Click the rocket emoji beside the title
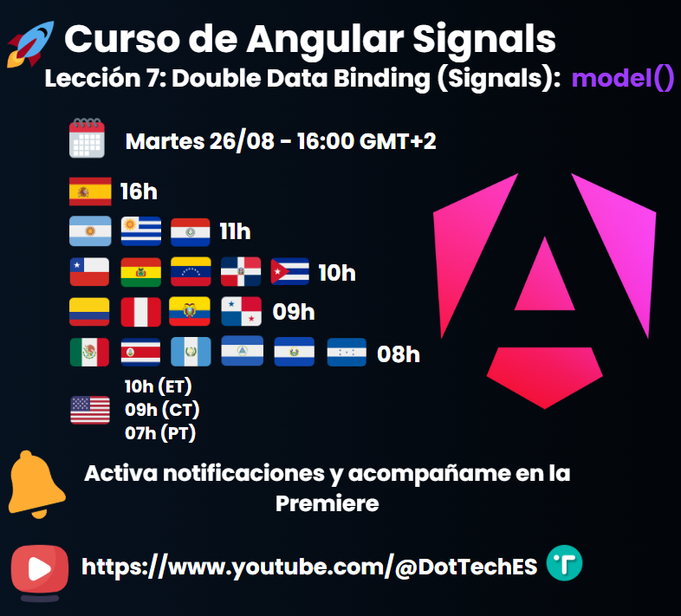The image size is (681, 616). [29, 44]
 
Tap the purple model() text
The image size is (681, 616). [622, 80]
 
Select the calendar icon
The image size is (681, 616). [87, 139]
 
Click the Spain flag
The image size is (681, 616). [90, 191]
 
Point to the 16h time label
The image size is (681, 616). [138, 191]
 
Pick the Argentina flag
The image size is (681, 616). [90, 231]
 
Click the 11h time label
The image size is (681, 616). [235, 231]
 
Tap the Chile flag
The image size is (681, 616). [90, 272]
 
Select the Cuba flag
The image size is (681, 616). [290, 272]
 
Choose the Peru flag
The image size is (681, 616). [140, 312]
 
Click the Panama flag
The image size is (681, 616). [241, 312]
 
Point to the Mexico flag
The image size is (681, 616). [90, 353]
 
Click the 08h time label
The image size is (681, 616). [399, 353]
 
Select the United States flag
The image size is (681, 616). [90, 409]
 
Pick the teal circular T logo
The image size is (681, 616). [565, 564]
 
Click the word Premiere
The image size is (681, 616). [328, 503]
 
